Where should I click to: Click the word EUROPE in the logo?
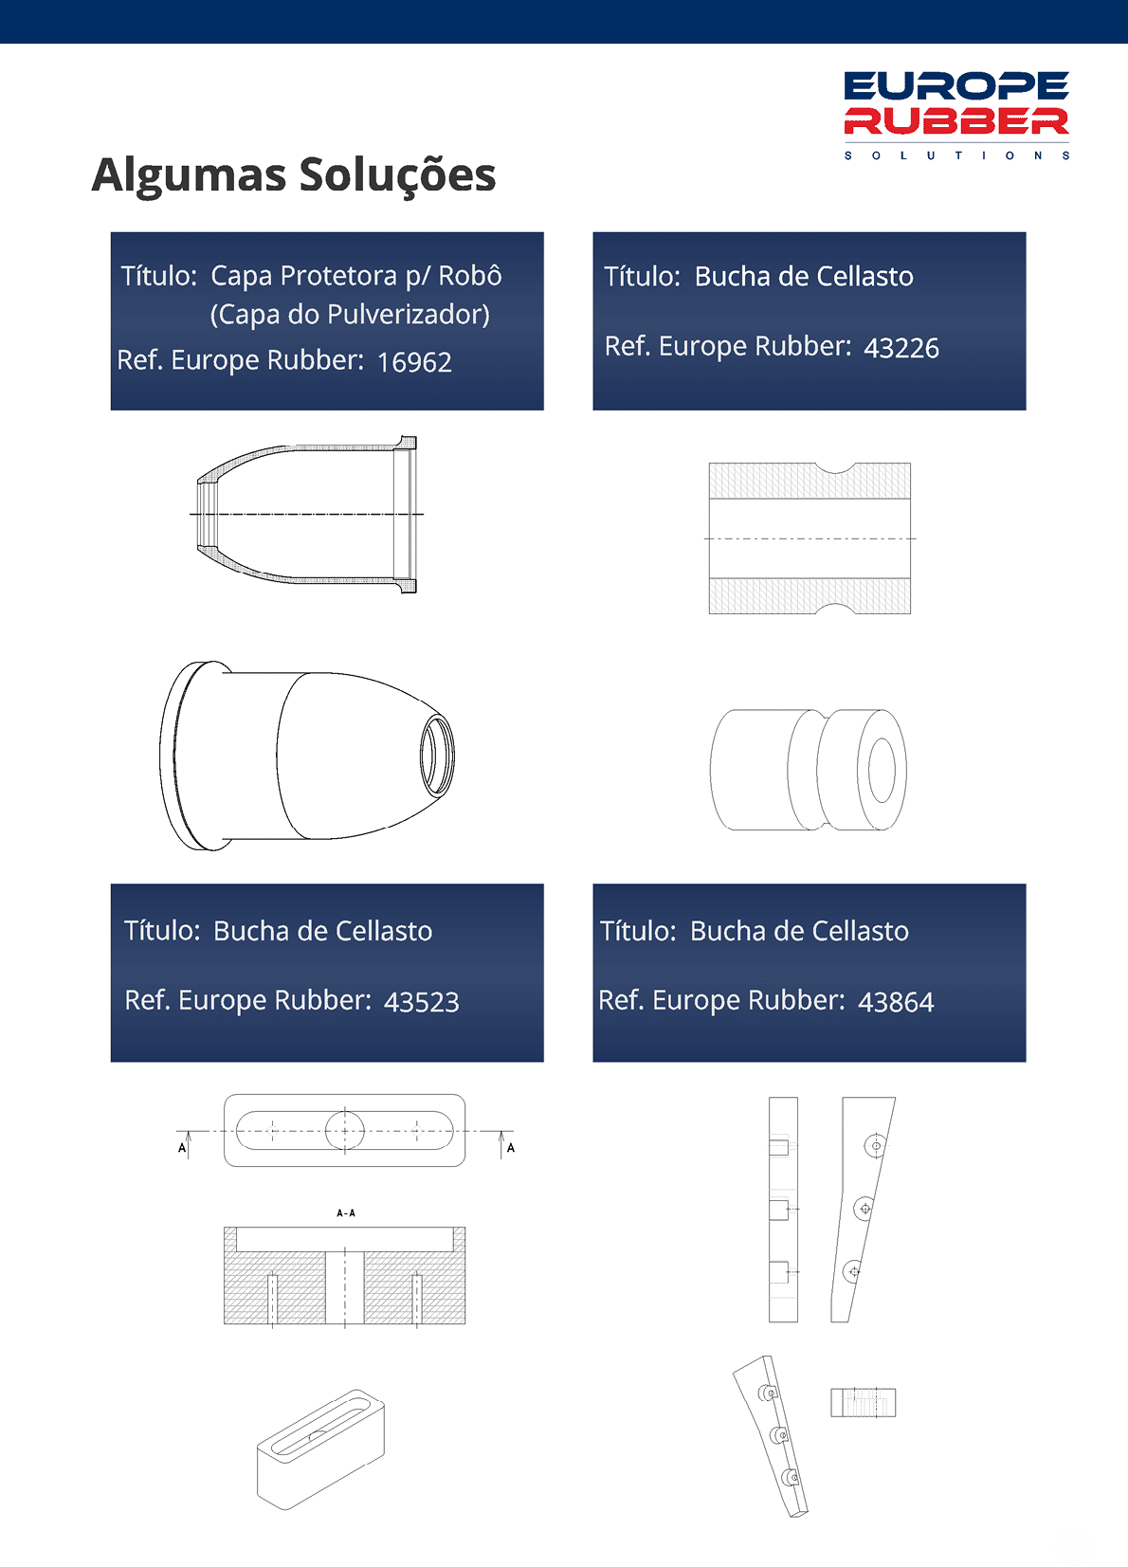coord(956,86)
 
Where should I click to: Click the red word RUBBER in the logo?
coord(956,121)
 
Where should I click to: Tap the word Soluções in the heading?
coord(397,174)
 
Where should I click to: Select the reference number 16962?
coord(414,362)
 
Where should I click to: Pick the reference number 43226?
coord(901,348)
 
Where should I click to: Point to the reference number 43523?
coord(422,1002)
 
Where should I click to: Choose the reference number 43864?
coord(896,1002)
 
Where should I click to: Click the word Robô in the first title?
coord(470,276)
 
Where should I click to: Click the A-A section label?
coord(345,1213)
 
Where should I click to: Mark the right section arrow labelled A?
coord(502,1144)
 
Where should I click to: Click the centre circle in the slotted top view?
coord(345,1130)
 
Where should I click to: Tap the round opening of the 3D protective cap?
coord(437,756)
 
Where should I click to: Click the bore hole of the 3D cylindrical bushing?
coord(882,770)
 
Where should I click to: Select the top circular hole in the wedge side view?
coord(876,1146)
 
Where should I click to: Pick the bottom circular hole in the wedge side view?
coord(852,1271)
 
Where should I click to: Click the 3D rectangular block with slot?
coord(320,1449)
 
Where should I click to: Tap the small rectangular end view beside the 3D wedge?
coord(863,1403)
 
